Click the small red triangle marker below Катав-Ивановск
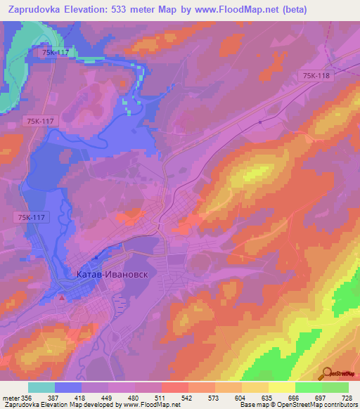tap(61, 299)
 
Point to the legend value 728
tap(347, 398)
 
